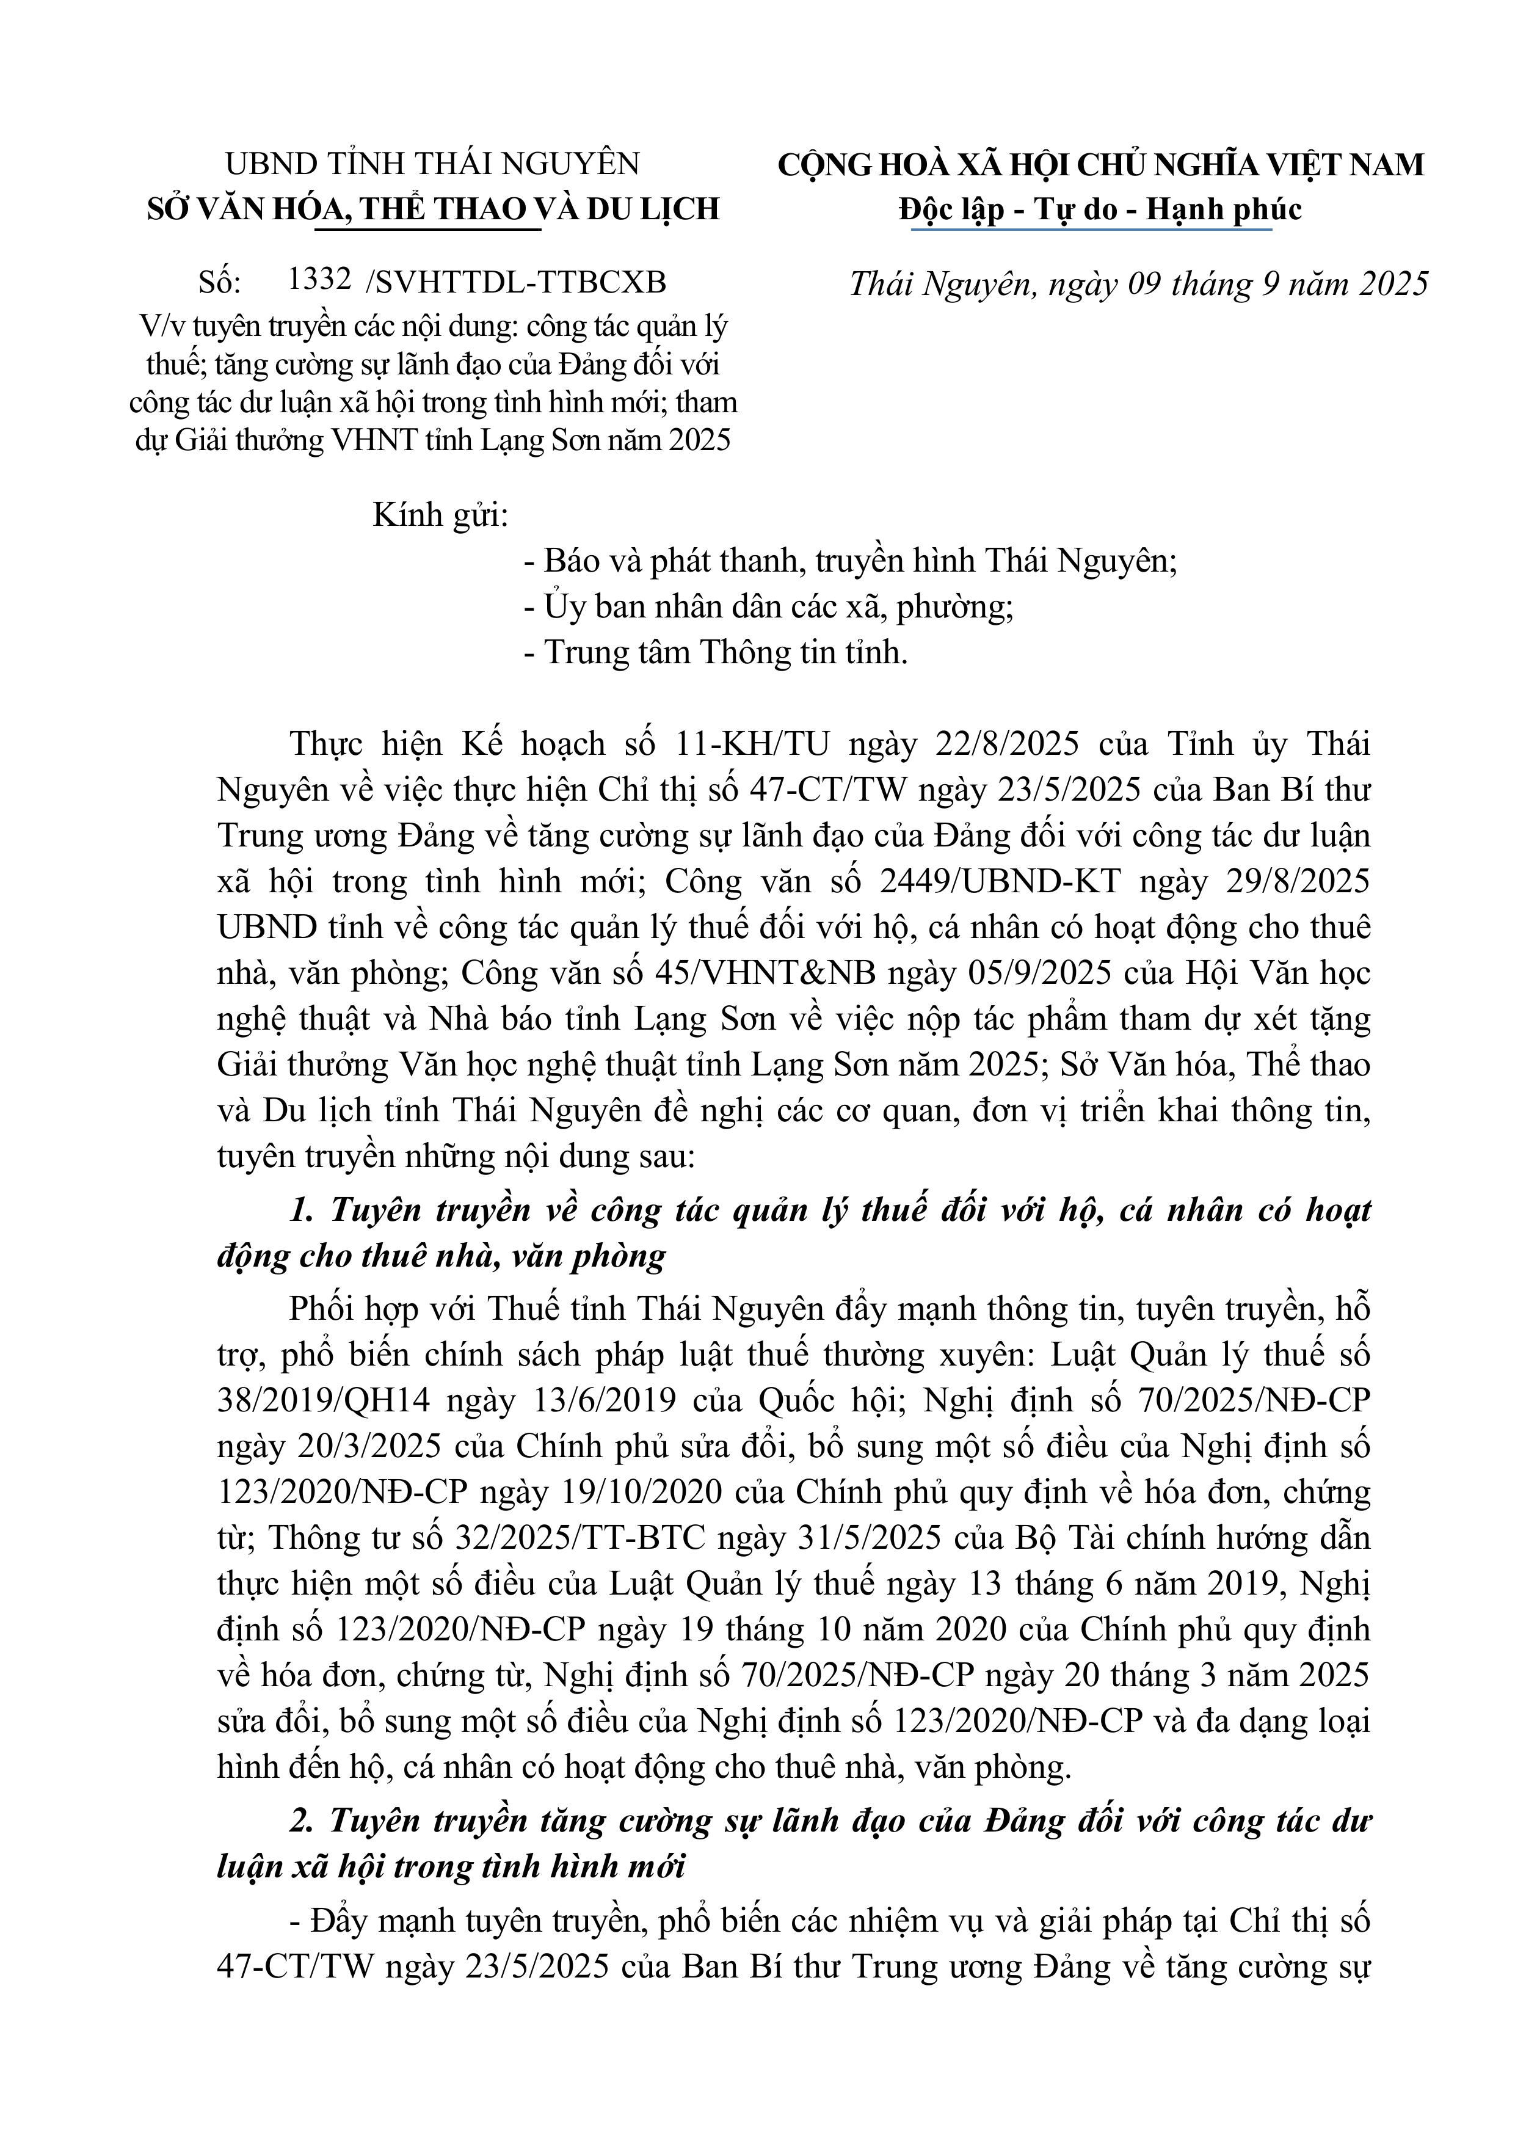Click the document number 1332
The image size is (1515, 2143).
[x=319, y=279]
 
